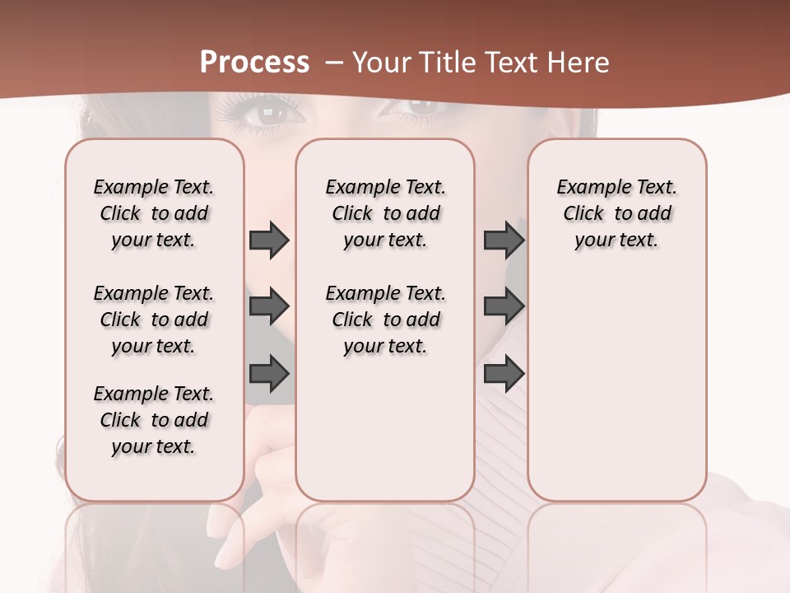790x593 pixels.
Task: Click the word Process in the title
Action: pyautogui.click(x=254, y=62)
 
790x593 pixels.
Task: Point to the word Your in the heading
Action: pyautogui.click(x=383, y=62)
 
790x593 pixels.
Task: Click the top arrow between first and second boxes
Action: pyautogui.click(x=269, y=240)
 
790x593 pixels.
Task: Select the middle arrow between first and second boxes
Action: pyautogui.click(x=269, y=306)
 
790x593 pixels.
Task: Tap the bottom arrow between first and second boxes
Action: pyautogui.click(x=269, y=374)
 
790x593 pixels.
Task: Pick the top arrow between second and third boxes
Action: pyautogui.click(x=504, y=240)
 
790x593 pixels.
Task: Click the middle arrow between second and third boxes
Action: pyautogui.click(x=504, y=306)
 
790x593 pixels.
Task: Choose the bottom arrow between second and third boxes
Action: pyautogui.click(x=504, y=374)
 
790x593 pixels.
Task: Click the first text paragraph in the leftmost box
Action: pyautogui.click(x=154, y=213)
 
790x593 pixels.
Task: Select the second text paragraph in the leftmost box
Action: pyautogui.click(x=154, y=320)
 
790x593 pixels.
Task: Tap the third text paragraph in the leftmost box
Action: pyautogui.click(x=154, y=420)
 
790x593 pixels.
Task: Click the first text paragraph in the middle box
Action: pyautogui.click(x=385, y=213)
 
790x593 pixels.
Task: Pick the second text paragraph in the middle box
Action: pyautogui.click(x=385, y=320)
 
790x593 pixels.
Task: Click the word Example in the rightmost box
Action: pyautogui.click(x=587, y=188)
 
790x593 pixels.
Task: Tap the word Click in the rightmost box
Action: pyautogui.click(x=583, y=214)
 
